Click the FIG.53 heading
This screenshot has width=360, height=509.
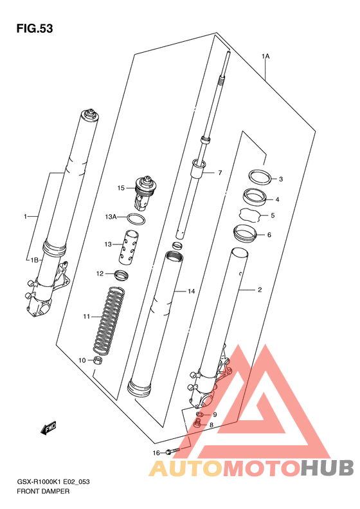(35, 28)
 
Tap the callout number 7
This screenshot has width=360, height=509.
(220, 172)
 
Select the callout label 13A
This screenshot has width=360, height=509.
(111, 216)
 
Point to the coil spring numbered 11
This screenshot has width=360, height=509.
(109, 320)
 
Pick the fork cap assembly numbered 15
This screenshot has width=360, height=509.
(147, 192)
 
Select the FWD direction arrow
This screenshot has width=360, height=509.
(48, 428)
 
